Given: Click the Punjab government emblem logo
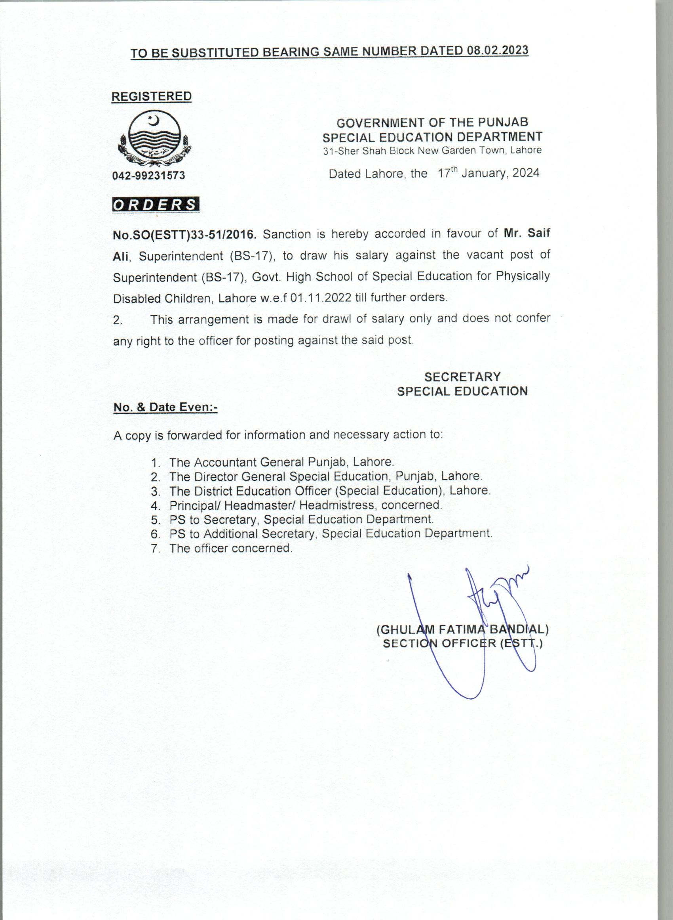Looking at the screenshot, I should tap(153, 139).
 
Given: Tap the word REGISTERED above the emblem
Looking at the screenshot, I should tap(152, 96).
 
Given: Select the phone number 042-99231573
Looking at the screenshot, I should tap(149, 176).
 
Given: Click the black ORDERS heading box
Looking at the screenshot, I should tap(156, 205).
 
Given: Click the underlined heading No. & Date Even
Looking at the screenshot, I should tap(165, 407).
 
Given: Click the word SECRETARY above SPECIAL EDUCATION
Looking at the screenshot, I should tap(462, 377).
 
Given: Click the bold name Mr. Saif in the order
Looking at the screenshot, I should tap(527, 233).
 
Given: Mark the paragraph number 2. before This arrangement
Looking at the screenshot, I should tap(118, 320).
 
